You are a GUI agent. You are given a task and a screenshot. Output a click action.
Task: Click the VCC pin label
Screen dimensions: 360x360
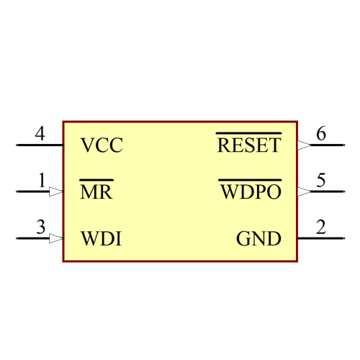[x=102, y=145]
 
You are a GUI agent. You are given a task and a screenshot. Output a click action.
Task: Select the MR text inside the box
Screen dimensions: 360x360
[x=96, y=192]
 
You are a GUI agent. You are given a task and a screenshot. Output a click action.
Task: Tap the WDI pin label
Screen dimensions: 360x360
[x=101, y=238]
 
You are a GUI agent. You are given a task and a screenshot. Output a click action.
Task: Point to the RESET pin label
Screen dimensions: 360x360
[x=248, y=145]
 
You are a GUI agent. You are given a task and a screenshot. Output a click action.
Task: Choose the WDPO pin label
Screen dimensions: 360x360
[x=250, y=192]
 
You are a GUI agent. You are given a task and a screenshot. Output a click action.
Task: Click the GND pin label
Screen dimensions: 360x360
[x=258, y=238]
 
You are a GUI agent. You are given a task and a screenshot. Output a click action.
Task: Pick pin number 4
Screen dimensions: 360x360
[x=40, y=134]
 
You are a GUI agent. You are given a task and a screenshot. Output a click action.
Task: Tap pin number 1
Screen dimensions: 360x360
[x=42, y=181]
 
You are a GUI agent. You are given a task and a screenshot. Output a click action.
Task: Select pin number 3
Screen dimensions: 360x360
[x=41, y=228]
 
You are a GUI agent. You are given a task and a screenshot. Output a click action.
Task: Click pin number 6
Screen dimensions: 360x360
[x=321, y=134]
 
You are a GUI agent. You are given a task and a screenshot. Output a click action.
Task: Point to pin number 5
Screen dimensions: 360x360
[x=321, y=181]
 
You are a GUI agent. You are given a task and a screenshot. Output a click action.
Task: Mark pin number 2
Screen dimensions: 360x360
[x=321, y=228]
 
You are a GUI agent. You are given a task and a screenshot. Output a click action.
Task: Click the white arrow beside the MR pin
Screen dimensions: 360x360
[x=56, y=192]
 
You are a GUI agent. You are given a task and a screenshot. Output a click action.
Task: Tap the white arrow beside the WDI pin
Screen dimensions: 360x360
[x=56, y=238]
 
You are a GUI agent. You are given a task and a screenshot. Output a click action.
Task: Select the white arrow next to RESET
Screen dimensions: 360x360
[x=304, y=145]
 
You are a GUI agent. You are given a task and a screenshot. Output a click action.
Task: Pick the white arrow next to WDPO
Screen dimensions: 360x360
[x=304, y=192]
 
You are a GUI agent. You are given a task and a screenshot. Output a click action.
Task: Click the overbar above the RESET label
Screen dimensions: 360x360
[x=248, y=133]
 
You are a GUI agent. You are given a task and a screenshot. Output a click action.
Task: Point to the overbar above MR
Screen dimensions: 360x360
[x=96, y=180]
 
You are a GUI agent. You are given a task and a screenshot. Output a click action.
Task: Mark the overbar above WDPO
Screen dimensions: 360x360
[x=250, y=180]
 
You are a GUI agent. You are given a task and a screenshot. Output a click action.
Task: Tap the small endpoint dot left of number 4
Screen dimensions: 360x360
[x=17, y=145]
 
